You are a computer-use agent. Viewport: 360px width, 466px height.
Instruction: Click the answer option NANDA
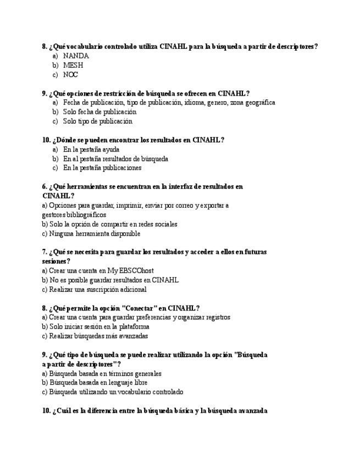pos(76,56)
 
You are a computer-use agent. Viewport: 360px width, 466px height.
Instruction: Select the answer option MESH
pos(73,65)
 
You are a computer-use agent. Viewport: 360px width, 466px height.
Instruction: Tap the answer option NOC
pos(70,75)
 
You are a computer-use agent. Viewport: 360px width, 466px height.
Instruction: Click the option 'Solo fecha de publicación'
pos(99,112)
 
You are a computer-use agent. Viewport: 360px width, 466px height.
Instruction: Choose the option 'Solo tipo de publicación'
pos(97,121)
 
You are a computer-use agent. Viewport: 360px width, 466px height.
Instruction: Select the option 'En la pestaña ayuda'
pos(91,149)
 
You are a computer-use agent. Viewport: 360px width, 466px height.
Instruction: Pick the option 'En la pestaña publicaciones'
pos(102,168)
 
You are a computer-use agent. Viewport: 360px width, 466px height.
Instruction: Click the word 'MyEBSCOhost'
pos(131,271)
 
